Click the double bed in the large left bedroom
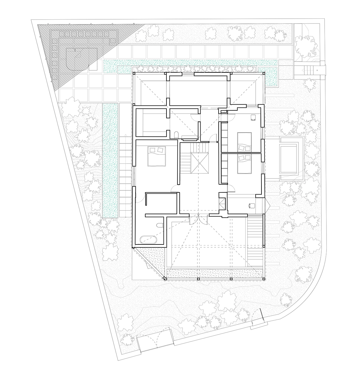[x=157, y=156]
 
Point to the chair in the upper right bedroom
[x=253, y=118]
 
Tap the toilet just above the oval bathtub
[x=159, y=224]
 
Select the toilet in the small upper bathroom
[x=176, y=134]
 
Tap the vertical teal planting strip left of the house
[x=110, y=161]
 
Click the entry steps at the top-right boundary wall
[x=311, y=68]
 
